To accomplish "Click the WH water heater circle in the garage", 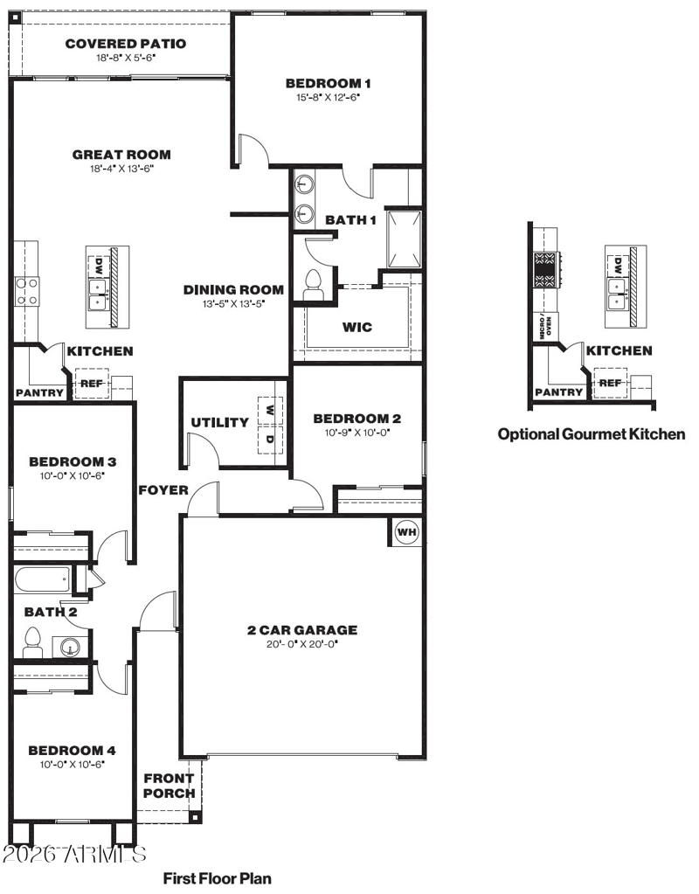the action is tap(406, 532).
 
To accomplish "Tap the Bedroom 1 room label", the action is tap(328, 83).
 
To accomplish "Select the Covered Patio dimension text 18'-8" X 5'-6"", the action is tap(126, 58).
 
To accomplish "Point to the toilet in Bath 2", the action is tap(32, 642).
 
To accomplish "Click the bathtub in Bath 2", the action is tap(42, 580).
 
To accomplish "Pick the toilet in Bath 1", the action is tap(313, 285).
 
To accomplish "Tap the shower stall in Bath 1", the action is tap(404, 239).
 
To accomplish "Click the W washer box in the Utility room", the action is tap(270, 411).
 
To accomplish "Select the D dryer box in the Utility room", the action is tap(270, 439).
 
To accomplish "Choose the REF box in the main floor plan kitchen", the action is tap(92, 384).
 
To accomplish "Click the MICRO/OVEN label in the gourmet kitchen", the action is tap(545, 327).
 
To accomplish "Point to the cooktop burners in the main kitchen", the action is tap(27, 291).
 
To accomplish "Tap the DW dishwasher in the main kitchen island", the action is tap(100, 265).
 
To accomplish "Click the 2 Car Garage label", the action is tap(302, 630).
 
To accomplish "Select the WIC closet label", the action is tap(357, 327).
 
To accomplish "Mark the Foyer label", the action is tap(163, 490).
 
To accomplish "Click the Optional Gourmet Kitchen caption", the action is tap(592, 434).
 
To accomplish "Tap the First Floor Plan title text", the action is tap(218, 878).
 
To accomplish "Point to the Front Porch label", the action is tap(169, 786).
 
